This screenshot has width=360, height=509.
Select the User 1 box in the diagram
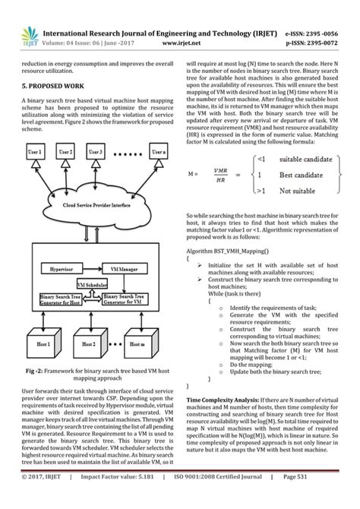pos(35,153)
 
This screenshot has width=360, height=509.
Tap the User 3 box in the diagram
pos(94,153)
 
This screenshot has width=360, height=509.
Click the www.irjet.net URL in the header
pos(179,45)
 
